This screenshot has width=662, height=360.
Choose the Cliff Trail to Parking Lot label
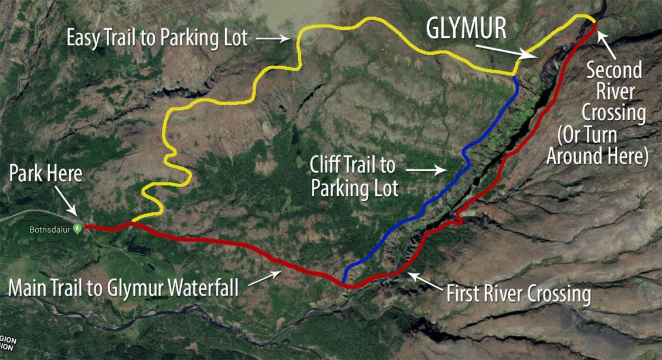pos(354,176)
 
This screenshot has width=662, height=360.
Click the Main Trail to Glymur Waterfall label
pos(123,288)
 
